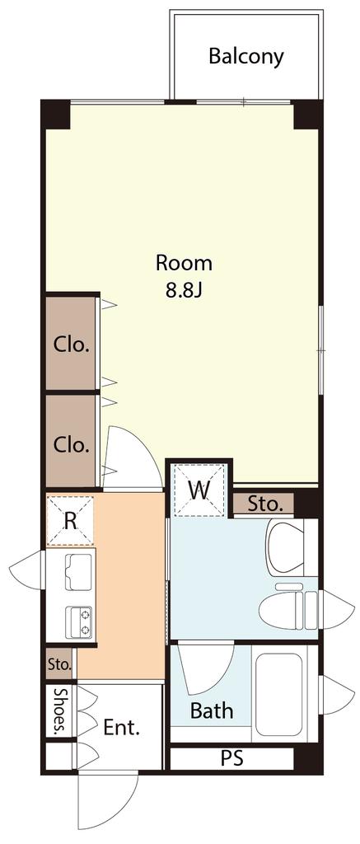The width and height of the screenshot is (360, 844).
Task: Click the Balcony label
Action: click(246, 57)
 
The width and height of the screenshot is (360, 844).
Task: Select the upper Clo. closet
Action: click(71, 344)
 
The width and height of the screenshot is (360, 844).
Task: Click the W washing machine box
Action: click(199, 490)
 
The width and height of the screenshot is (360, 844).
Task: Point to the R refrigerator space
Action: click(70, 521)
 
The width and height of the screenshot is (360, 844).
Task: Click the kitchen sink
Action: click(78, 572)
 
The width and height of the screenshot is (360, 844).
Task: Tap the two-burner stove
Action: click(78, 621)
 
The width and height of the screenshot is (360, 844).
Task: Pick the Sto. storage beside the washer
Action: click(264, 504)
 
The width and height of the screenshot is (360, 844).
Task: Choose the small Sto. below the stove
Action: click(59, 663)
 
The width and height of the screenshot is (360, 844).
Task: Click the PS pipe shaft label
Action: click(232, 758)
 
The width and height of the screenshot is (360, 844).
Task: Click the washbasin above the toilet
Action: click(286, 546)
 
